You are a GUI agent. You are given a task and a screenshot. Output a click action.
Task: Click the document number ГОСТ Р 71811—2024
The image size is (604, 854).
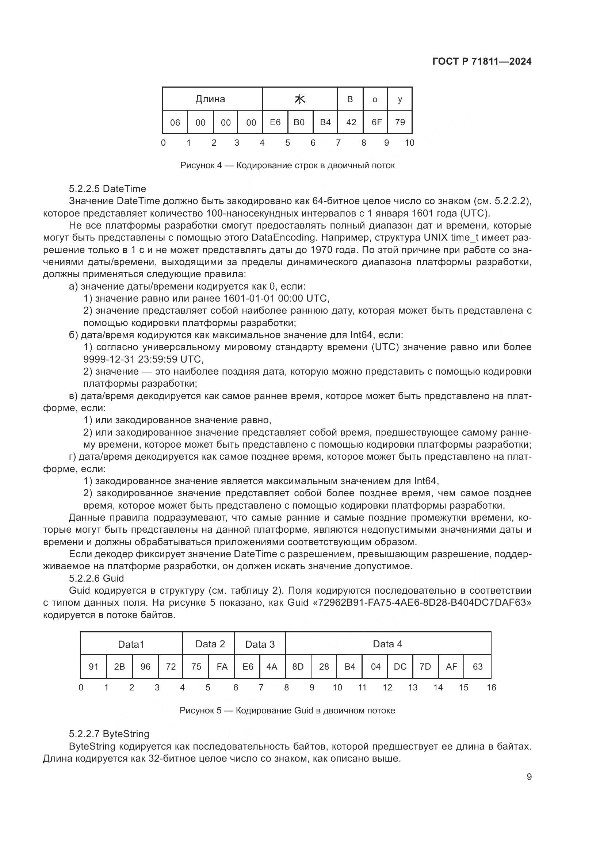pos(482,62)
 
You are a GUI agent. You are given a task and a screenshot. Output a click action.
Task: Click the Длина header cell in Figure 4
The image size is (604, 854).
pos(210,99)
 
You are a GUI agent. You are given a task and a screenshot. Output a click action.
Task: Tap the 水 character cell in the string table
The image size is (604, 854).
pos(300,99)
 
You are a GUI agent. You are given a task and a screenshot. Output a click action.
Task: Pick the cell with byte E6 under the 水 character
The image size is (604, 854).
pos(275,122)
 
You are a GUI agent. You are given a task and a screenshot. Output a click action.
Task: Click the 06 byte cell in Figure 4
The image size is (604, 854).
pos(175,122)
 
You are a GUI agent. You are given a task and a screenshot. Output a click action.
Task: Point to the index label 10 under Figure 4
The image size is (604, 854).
pos(409,143)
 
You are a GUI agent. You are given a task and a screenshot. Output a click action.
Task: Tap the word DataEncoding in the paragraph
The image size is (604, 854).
pos(283,237)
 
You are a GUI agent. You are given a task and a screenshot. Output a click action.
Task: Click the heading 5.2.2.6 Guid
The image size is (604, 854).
pos(96,578)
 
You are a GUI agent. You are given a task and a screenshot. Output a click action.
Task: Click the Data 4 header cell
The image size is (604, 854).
pos(387,644)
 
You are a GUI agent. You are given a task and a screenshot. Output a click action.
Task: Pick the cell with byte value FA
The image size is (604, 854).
pos(222,667)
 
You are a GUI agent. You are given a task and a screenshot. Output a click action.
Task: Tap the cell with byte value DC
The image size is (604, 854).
pos(400,667)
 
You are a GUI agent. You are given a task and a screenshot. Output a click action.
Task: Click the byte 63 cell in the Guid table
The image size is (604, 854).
pos(478,667)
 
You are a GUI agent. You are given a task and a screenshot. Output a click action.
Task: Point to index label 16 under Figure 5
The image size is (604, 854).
pos(491,688)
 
